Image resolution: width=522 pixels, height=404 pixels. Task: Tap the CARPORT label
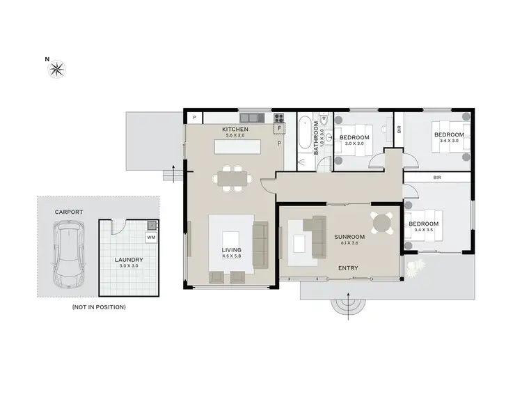[x=70, y=211]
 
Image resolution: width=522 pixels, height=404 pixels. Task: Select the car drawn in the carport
[x=68, y=249]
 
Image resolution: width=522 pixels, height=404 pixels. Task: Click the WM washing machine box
[x=151, y=238]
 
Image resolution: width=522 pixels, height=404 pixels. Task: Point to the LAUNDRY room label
[x=129, y=259]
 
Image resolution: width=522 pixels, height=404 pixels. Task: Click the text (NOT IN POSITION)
[x=99, y=306]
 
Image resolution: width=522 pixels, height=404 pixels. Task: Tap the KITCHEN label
[x=235, y=130]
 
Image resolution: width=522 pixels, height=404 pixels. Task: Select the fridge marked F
[x=280, y=129]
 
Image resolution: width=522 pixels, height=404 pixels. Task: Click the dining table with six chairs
[x=231, y=178]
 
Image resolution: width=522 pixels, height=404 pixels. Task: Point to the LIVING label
[x=232, y=249]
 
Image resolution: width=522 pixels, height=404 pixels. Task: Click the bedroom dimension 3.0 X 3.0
[x=354, y=143]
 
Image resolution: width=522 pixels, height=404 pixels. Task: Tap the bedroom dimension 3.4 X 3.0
[x=449, y=140]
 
